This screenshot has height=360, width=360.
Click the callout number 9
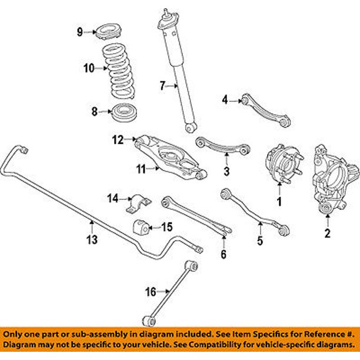[x=80, y=32]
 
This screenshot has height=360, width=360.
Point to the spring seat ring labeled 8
[x=124, y=111]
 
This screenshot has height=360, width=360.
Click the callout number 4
[x=224, y=101]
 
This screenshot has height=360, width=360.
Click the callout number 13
[x=92, y=239]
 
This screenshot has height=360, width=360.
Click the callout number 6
[x=223, y=254]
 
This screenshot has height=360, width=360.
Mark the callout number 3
[x=226, y=172]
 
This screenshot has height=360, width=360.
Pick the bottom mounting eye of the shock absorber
[x=189, y=126]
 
